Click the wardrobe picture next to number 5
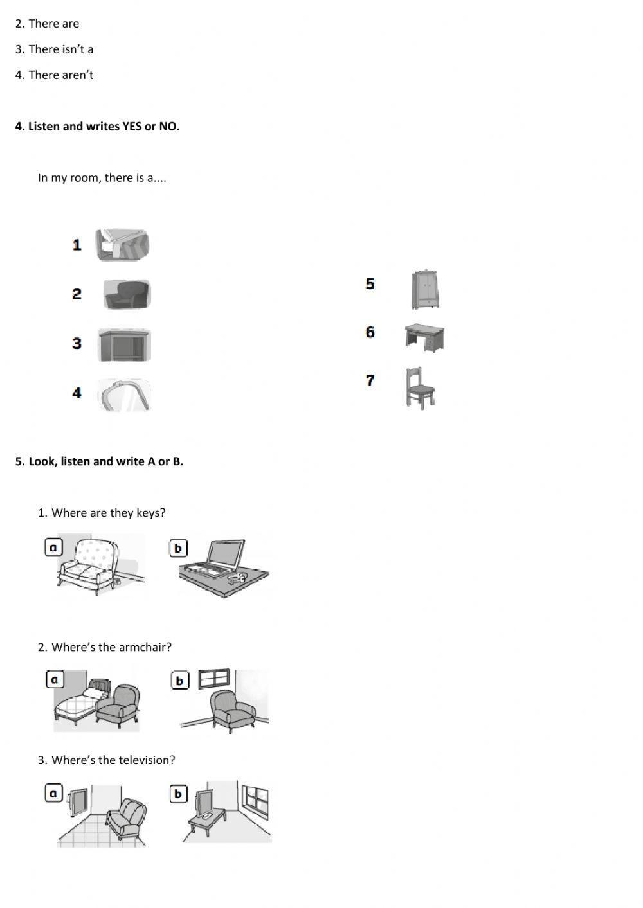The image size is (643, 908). pyautogui.click(x=425, y=290)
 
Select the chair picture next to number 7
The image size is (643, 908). pyautogui.click(x=420, y=388)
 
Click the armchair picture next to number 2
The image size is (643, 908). pyautogui.click(x=127, y=295)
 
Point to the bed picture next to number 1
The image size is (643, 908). pyautogui.click(x=122, y=245)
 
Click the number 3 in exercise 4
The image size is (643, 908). pyautogui.click(x=77, y=344)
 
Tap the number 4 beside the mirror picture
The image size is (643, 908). pyautogui.click(x=77, y=393)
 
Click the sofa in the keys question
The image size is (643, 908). pyautogui.click(x=90, y=564)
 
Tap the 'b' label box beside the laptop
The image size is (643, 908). pyautogui.click(x=178, y=548)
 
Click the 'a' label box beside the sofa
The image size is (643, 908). pyautogui.click(x=53, y=547)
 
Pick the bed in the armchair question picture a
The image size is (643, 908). pyautogui.click(x=76, y=705)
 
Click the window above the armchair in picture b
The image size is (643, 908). pyautogui.click(x=213, y=679)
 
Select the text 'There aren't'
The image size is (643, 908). pyautogui.click(x=60, y=75)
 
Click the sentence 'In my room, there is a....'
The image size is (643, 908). pyautogui.click(x=102, y=178)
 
